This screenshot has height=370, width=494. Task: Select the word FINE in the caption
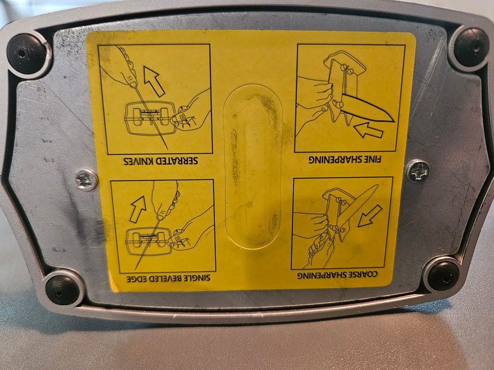coord(372,159)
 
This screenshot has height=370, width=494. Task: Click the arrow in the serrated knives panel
coord(154,81)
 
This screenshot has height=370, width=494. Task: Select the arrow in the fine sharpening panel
coord(368,130)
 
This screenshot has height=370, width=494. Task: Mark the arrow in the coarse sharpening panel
coord(370,216)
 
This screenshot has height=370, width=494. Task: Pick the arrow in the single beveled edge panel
coord(138,209)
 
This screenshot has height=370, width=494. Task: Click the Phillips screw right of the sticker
coord(418,171)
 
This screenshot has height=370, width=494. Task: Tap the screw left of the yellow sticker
coord(86,180)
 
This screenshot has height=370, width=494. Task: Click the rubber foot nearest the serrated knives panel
coord(26,54)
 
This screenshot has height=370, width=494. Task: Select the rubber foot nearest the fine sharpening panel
coord(471,47)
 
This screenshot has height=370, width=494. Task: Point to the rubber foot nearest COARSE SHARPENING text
coord(443,276)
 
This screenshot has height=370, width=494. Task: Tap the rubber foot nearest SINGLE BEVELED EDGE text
coord(62,290)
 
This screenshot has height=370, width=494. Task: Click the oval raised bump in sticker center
coord(252,166)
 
